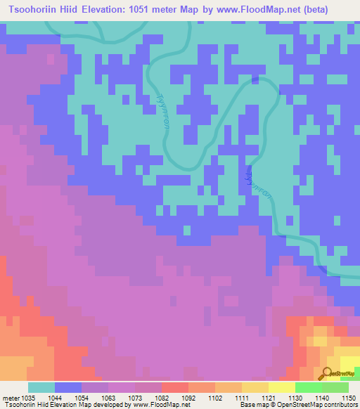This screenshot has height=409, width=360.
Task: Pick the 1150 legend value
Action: [348, 397]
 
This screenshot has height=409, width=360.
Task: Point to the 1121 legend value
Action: [268, 397]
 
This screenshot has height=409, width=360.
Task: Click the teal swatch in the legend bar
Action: [41, 387]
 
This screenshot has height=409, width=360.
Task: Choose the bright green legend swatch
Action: [308, 387]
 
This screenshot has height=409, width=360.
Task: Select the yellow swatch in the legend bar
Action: [281, 387]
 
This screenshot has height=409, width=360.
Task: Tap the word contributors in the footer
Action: [340, 405]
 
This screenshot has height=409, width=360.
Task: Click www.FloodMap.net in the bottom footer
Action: [151, 405]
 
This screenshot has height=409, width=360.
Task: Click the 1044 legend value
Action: [54, 397]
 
